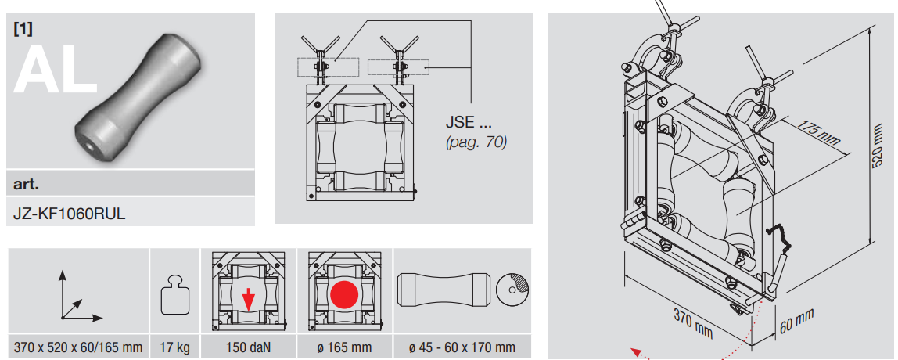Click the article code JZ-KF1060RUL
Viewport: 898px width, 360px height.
(x=69, y=214)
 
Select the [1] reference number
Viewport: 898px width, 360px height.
(x=23, y=30)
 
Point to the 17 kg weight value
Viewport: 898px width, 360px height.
(x=175, y=347)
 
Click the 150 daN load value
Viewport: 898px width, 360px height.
(x=248, y=347)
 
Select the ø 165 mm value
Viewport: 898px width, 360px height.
(x=345, y=347)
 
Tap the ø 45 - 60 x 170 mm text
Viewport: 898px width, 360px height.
(x=462, y=347)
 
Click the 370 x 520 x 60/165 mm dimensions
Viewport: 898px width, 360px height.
(x=77, y=347)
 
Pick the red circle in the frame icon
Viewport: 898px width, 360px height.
(x=344, y=294)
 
